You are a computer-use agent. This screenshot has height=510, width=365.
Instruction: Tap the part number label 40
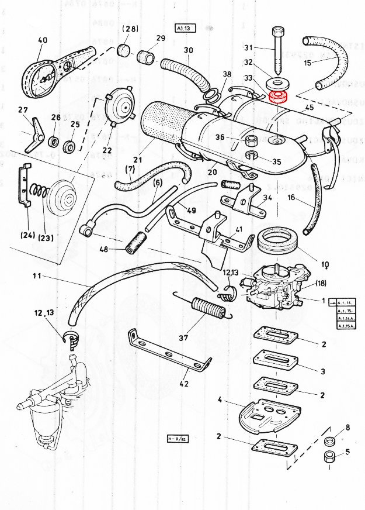[x=43, y=40]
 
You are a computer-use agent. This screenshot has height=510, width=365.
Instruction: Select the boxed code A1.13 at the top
[x=182, y=27]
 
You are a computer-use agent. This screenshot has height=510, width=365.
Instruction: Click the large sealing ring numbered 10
[x=278, y=239]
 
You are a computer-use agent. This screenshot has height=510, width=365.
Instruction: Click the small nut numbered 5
[x=329, y=456]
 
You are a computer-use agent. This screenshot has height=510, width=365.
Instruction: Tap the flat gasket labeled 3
[x=275, y=358]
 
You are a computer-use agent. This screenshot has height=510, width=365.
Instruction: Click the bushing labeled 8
[x=330, y=440]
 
